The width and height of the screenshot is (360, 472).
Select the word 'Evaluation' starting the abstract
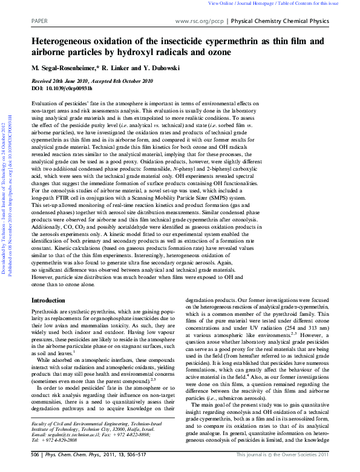click(x=45, y=105)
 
